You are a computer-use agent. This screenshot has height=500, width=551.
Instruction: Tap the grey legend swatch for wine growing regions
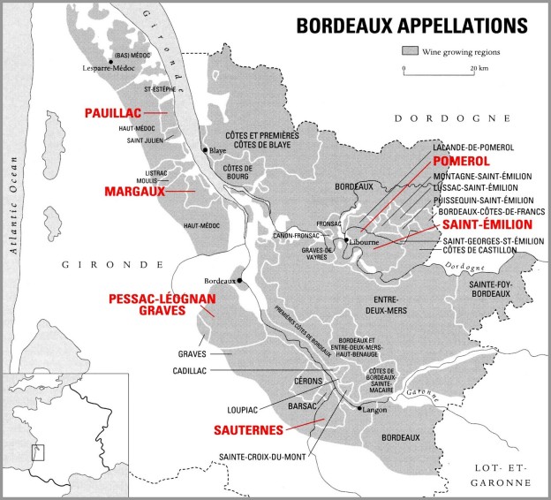410,51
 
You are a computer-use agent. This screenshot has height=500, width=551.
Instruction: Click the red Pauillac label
115,114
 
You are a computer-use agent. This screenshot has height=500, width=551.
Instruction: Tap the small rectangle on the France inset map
37,451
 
